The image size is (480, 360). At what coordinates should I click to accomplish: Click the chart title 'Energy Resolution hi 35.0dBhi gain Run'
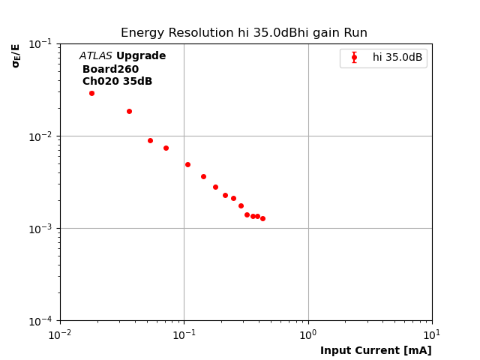[x=244, y=33]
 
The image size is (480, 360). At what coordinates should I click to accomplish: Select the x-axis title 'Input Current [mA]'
[x=376, y=351]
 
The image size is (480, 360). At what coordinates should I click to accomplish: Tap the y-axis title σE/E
[x=16, y=55]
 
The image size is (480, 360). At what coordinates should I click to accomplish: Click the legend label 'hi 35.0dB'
[x=397, y=58]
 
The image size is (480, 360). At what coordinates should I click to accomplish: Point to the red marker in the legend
[x=354, y=58]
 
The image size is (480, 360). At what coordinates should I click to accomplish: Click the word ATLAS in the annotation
[x=95, y=56]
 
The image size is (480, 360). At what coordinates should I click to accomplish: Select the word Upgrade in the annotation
[x=141, y=56]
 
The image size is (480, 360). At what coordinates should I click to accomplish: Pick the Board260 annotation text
[x=110, y=70]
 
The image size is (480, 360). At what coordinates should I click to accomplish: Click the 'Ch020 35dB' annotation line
[x=117, y=82]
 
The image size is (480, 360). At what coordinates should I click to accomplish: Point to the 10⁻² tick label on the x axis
[x=60, y=333]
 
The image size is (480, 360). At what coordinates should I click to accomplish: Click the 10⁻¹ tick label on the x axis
[x=184, y=333]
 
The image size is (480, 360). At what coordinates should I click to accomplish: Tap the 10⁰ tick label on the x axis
[x=308, y=333]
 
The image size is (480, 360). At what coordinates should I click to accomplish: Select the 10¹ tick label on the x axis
[x=432, y=333]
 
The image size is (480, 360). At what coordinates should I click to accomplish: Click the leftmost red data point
[x=91, y=93]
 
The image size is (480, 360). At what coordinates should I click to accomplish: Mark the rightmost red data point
[x=262, y=218]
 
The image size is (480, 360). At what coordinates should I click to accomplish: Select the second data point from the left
[x=129, y=111]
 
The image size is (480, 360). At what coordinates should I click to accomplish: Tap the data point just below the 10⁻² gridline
[x=150, y=140]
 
